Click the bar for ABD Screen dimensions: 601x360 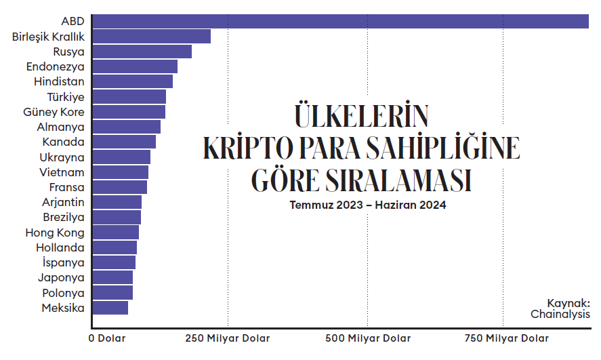point(341,21)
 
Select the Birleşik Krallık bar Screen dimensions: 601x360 point(152,37)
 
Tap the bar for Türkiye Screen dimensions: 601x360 point(129,97)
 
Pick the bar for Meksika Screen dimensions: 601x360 point(110,308)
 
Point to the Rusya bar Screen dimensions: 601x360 point(142,52)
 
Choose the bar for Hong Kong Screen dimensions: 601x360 point(116,233)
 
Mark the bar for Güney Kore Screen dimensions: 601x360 point(129,112)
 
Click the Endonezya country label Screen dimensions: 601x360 point(55,66)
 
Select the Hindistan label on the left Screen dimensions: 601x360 point(59,81)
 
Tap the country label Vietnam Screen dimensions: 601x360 point(62,172)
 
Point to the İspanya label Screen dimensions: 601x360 point(63,262)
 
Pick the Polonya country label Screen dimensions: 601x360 point(63,293)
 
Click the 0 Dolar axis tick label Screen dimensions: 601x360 point(107,338)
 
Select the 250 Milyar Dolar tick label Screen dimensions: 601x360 point(228,338)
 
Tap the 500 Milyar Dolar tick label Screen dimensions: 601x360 point(368,338)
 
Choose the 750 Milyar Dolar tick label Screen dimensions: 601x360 point(507,338)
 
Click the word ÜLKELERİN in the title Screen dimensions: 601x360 point(361,115)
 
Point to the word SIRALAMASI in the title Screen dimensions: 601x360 point(398,180)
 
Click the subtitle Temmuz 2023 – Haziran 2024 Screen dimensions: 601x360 point(368,205)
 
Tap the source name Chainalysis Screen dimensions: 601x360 point(560,314)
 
